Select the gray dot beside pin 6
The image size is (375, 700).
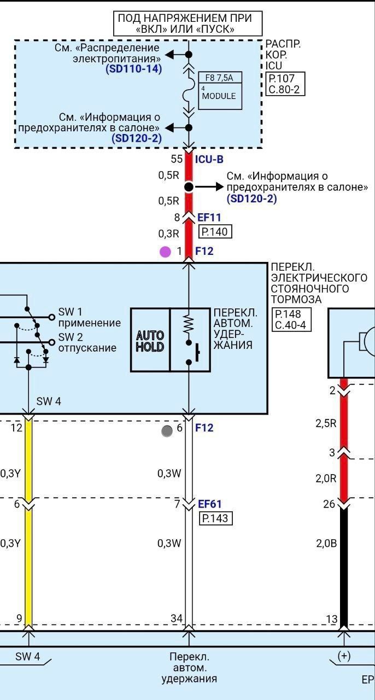pos(167,430)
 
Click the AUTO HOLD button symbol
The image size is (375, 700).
pos(150,340)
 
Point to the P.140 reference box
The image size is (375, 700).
pos(215,232)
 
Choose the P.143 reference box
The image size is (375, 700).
pos(216,518)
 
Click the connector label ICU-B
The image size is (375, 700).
pos(209,160)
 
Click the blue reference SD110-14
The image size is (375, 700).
pos(133,69)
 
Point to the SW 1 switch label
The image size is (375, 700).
pos(71,312)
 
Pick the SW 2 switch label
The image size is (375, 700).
pos(71,337)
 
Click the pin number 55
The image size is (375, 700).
pos(176,160)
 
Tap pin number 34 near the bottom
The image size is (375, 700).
pos(177,619)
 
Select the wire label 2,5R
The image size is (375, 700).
pos(326,423)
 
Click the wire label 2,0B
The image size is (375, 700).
pos(326,543)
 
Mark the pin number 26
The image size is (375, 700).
pos(329,504)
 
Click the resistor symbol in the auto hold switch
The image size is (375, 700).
pos(189,324)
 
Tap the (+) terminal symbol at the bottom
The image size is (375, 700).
pos(344,656)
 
